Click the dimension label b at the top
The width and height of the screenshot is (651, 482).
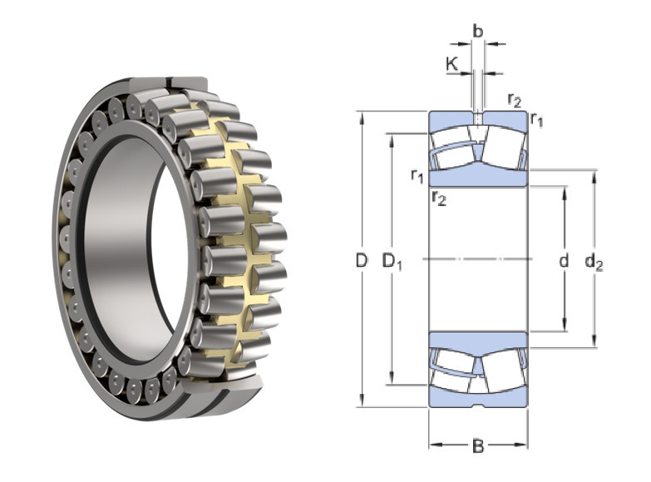point(478,31)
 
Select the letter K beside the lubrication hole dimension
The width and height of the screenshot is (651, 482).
point(451,64)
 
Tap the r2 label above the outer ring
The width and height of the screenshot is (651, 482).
point(515,100)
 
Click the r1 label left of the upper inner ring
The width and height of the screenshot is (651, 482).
point(417,175)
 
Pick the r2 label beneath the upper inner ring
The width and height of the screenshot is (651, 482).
point(439,198)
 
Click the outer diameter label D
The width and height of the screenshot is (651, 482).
point(362,261)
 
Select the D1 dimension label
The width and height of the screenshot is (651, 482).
point(392,262)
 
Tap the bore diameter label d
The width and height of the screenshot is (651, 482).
point(564,261)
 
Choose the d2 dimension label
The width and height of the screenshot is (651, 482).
point(594,262)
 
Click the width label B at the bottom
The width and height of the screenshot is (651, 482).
point(478,446)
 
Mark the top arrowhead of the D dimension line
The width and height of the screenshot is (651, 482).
point(362,118)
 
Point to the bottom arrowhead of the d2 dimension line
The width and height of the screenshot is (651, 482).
point(594,342)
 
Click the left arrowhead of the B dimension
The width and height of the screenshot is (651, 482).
point(435,445)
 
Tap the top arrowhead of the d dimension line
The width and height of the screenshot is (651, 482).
point(565,193)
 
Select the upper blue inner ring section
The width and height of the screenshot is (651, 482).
point(478,176)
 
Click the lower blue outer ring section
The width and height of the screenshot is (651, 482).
point(478,396)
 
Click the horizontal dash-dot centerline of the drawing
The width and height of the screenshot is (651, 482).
point(478,259)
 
